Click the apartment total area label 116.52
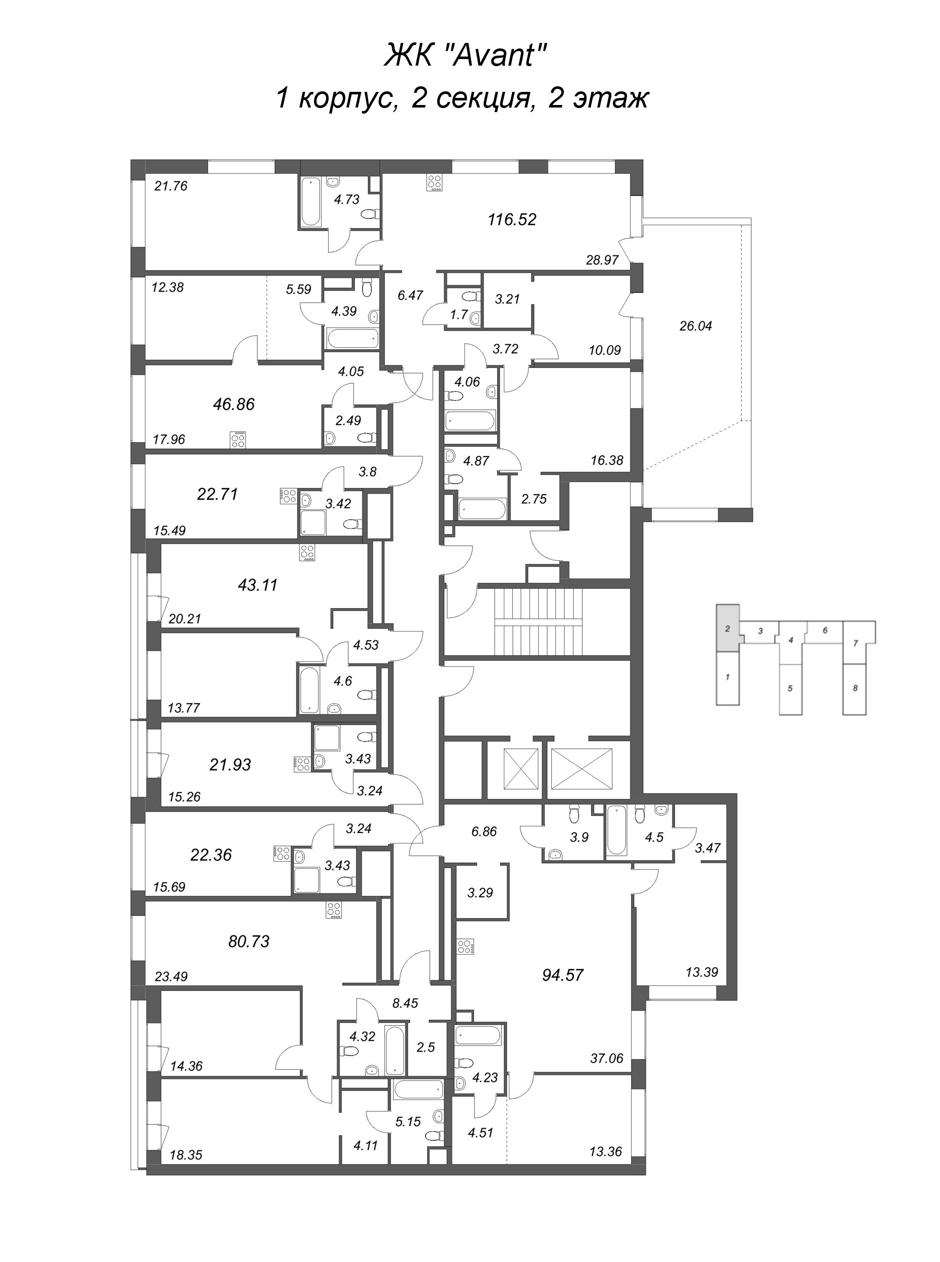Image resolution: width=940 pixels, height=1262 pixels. coord(511,220)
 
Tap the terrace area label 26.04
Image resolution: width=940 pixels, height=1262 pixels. coord(695,326)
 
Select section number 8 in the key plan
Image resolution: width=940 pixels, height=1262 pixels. coord(855,688)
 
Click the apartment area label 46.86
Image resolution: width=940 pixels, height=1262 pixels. coord(233,404)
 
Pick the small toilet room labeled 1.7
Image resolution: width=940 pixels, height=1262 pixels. coord(459,314)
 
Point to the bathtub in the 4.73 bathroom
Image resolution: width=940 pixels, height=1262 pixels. coord(310,202)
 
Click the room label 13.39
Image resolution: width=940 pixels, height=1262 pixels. coord(702,972)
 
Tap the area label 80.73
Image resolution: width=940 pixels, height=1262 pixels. coord(249,941)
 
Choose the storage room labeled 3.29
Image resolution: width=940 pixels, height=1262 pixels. coord(480,892)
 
